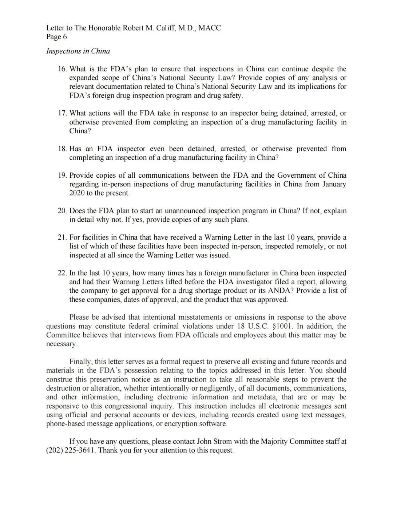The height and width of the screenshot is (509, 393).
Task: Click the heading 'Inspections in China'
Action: pyautogui.click(x=78, y=51)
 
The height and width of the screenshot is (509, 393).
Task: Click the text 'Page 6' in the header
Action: pyautogui.click(x=56, y=37)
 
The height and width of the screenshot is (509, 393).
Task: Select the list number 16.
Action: pyautogui.click(x=62, y=69)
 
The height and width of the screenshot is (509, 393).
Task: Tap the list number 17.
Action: pyautogui.click(x=62, y=113)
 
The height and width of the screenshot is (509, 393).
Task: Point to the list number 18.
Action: pyautogui.click(x=62, y=149)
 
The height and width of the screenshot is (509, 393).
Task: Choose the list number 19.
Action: pyautogui.click(x=62, y=175)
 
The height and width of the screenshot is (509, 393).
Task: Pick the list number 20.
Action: pyautogui.click(x=62, y=211)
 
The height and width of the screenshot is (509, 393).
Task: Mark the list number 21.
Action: pyautogui.click(x=62, y=237)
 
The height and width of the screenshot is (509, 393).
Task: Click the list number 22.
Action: pyautogui.click(x=62, y=273)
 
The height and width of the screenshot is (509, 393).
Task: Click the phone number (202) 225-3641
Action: pyautogui.click(x=71, y=450)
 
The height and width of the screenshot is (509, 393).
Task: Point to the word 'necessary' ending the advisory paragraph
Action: pyautogui.click(x=61, y=344)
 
